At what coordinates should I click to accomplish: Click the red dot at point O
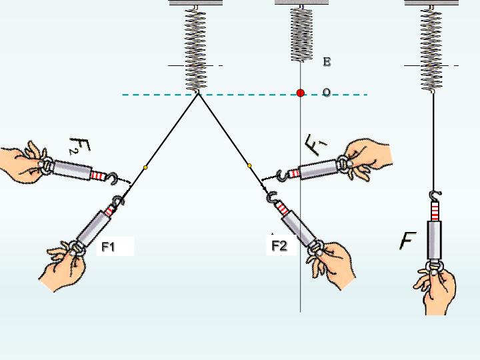pos(301,93)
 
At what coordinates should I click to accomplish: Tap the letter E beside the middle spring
pos(327,62)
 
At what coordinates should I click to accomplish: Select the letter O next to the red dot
pos(327,92)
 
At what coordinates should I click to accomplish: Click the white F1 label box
pos(115,246)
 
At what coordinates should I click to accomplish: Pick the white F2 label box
pos(281,245)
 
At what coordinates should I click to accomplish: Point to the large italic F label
pos(408,241)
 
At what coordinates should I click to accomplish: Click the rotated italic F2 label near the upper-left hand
pos(79,146)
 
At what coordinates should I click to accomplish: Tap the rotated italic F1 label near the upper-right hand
pos(315,145)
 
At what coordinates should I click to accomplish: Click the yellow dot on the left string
pos(145,167)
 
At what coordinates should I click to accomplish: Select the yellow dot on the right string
pos(249,165)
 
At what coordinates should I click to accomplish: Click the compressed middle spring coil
pos(301,34)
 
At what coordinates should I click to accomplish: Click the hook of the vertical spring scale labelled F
pos(435,196)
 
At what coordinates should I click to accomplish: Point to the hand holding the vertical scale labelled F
pos(435,291)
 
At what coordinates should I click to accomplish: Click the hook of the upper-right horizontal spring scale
pos(281,175)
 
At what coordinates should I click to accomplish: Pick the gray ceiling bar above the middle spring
pos(301,3)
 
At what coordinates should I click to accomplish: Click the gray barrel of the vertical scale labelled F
pos(435,240)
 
